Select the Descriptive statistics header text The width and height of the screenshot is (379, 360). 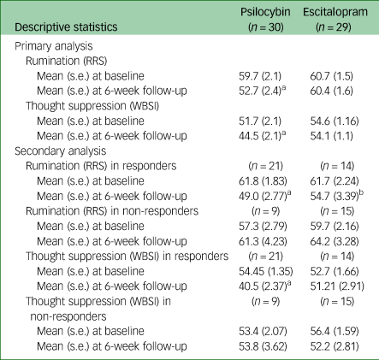pyautogui.click(x=66, y=27)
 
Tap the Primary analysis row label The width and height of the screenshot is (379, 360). pyautogui.click(x=54, y=46)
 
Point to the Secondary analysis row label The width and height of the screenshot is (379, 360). pyautogui.click(x=61, y=151)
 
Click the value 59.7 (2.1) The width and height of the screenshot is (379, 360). pyautogui.click(x=260, y=76)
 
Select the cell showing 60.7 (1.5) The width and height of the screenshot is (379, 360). pyautogui.click(x=331, y=76)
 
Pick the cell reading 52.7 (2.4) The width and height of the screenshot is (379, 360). pyautogui.click(x=263, y=91)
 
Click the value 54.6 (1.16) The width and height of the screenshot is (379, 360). pyautogui.click(x=335, y=121)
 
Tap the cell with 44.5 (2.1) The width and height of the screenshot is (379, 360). pyautogui.click(x=263, y=136)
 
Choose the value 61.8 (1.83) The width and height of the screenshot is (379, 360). pyautogui.click(x=263, y=181)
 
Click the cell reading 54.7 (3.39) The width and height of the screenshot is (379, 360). pyautogui.click(x=337, y=196)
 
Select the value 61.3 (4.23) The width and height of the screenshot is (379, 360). pyautogui.click(x=263, y=241)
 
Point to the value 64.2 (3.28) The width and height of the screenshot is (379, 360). pyautogui.click(x=335, y=241)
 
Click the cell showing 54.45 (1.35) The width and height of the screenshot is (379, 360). pyautogui.click(x=266, y=271)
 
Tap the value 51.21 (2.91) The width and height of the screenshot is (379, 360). pyautogui.click(x=337, y=286)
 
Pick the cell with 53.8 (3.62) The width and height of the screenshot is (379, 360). pyautogui.click(x=263, y=346)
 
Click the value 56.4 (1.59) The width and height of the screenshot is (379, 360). pyautogui.click(x=335, y=331)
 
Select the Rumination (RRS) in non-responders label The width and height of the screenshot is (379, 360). pyautogui.click(x=112, y=211)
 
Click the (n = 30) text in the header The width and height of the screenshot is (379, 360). pyautogui.click(x=265, y=27)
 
